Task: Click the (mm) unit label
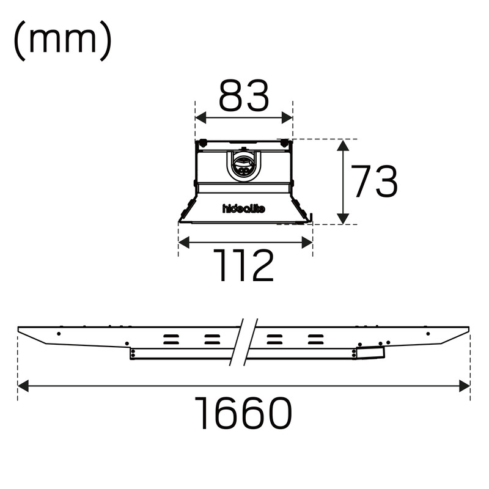[62, 41]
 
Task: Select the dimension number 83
[243, 96]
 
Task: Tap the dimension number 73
[374, 181]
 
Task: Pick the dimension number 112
[243, 265]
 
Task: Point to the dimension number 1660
[243, 413]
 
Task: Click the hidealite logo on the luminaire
[244, 208]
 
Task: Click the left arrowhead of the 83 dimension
[200, 118]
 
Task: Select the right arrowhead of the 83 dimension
[287, 118]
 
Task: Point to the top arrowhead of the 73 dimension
[343, 145]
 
